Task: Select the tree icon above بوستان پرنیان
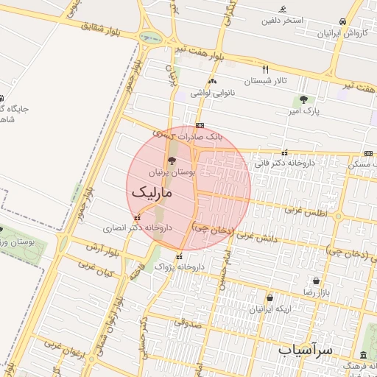click(x=172, y=160)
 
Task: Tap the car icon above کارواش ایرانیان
click(x=343, y=22)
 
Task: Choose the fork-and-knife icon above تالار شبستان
click(x=266, y=68)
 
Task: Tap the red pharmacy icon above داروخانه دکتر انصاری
click(x=138, y=217)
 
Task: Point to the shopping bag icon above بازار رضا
click(x=317, y=281)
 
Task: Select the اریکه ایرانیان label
click(x=270, y=309)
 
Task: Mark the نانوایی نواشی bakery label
click(x=212, y=93)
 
